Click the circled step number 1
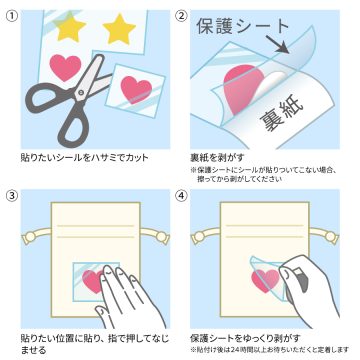12,17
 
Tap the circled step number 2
181,17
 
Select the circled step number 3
12,196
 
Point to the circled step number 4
181,196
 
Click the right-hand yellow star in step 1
119,29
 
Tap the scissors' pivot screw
81,91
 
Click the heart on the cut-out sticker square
136,89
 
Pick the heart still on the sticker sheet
65,68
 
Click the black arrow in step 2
277,43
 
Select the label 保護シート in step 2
242,27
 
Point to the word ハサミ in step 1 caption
104,157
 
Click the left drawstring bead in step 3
30,237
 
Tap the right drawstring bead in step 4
331,237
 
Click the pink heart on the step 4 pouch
266,281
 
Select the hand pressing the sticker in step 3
130,295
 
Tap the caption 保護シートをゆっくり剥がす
245,338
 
